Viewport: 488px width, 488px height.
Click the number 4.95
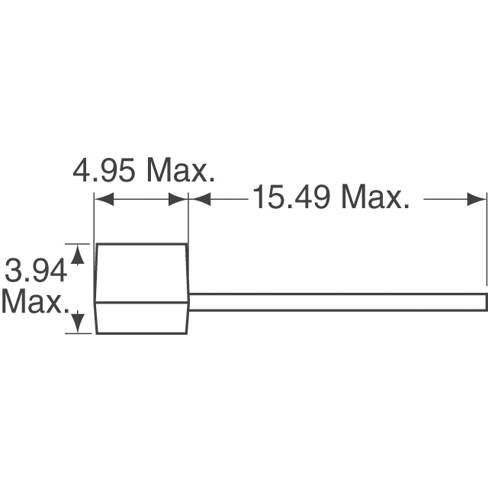click(x=105, y=171)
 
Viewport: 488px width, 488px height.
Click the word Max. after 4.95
click(x=181, y=171)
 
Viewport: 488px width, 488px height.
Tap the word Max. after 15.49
click(x=374, y=198)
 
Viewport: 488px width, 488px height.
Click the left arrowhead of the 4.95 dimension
click(x=100, y=199)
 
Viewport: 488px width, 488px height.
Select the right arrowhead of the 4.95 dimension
click(x=181, y=199)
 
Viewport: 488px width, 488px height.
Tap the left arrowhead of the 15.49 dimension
click(x=196, y=199)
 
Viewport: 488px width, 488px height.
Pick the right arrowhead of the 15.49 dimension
click(x=480, y=199)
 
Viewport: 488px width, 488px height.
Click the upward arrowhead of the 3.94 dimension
click(x=77, y=251)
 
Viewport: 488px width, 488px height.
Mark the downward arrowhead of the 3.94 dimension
click(x=77, y=326)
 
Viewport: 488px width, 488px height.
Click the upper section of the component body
click(x=142, y=273)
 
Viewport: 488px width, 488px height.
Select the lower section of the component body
click(x=142, y=317)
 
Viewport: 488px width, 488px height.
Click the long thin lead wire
click(x=335, y=301)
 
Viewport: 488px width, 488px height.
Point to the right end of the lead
click(x=484, y=301)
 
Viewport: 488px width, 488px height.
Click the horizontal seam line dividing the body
click(x=142, y=303)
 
